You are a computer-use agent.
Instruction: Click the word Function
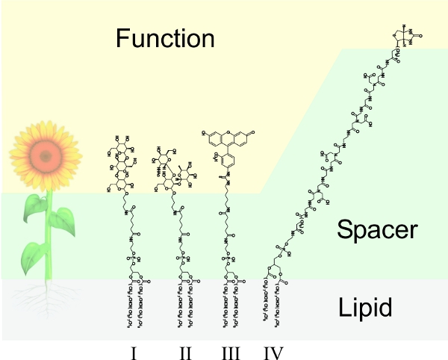point(164,37)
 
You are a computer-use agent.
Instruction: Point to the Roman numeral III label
point(230,350)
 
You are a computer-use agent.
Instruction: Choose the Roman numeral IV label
point(274,350)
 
